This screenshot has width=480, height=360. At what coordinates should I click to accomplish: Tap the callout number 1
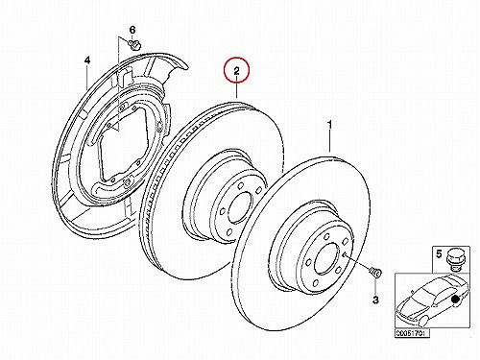click(x=330, y=125)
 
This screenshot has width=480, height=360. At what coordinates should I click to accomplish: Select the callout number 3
click(x=375, y=300)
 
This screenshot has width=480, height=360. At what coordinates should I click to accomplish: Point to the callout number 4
click(x=87, y=60)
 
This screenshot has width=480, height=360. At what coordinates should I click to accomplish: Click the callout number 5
click(x=439, y=254)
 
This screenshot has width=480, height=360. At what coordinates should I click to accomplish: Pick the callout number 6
click(x=132, y=30)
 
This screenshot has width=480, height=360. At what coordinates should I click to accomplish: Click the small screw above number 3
click(x=375, y=273)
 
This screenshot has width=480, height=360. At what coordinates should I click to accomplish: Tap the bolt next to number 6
click(x=134, y=44)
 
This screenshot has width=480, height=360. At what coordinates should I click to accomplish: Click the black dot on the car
click(x=455, y=300)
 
